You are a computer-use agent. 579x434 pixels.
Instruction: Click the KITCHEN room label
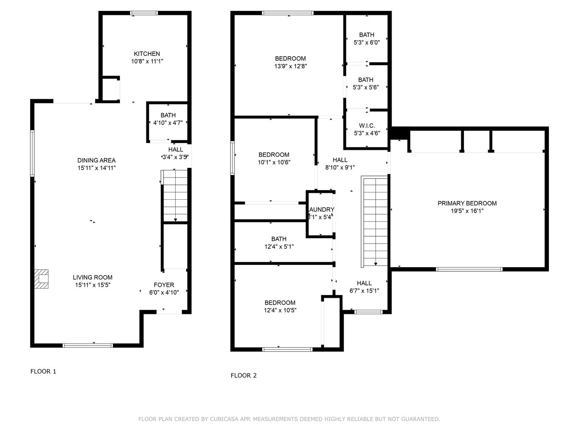(x=147, y=54)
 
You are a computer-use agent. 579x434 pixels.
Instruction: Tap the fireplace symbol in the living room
(x=41, y=279)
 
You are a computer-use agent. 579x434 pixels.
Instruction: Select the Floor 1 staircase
(x=175, y=196)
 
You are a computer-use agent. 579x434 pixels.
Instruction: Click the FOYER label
(x=164, y=285)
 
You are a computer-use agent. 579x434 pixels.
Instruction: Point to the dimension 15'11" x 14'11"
(x=96, y=168)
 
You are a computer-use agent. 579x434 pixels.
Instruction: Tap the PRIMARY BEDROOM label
(x=467, y=203)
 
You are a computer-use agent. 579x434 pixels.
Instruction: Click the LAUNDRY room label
(x=321, y=209)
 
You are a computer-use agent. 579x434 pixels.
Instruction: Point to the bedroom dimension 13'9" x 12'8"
(x=290, y=66)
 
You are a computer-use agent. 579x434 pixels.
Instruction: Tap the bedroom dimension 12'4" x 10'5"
(x=280, y=310)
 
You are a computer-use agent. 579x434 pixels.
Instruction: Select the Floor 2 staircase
(x=376, y=221)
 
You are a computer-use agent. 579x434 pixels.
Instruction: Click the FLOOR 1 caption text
(x=43, y=371)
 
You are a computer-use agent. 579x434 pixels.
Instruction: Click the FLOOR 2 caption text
(x=244, y=375)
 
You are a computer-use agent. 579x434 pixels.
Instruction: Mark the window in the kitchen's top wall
(x=144, y=13)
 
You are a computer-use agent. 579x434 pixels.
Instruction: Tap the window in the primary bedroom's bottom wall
(x=469, y=269)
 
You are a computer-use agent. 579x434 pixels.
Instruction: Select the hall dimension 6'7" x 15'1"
(x=364, y=291)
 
